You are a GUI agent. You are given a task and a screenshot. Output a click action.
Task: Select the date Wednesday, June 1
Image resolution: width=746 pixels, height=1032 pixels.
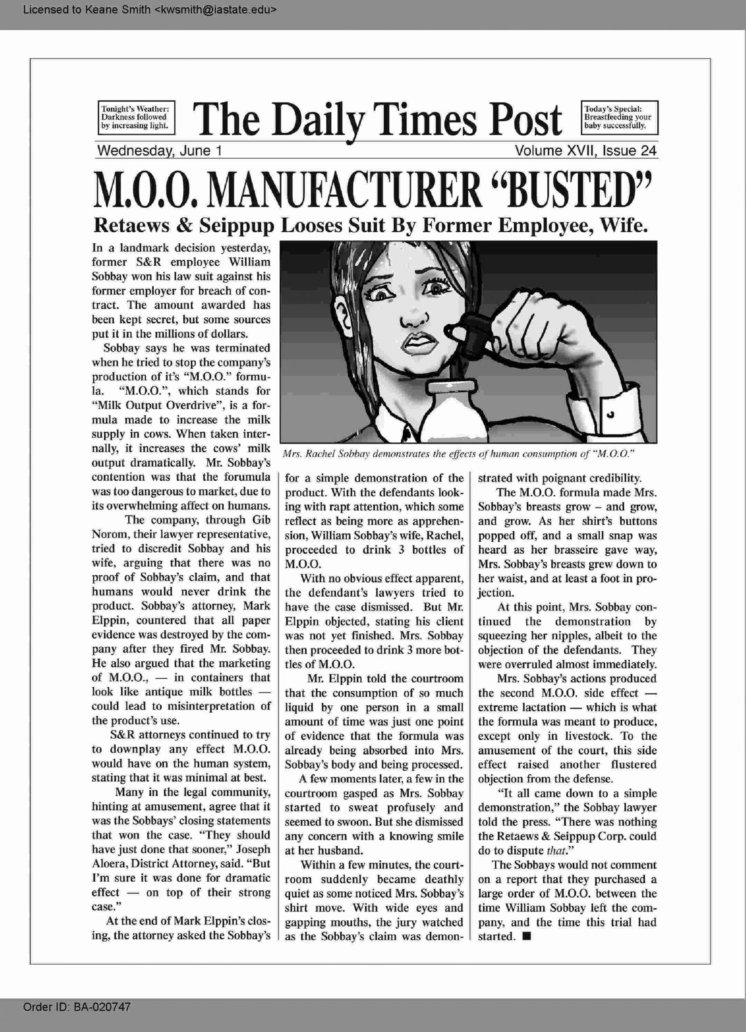[159, 151]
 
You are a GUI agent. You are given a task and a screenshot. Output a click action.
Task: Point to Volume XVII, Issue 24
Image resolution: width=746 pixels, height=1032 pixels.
[586, 151]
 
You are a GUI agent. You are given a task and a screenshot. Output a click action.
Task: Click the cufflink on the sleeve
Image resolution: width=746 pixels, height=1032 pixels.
[611, 414]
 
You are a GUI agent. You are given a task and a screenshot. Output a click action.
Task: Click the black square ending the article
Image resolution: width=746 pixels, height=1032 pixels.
[527, 936]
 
